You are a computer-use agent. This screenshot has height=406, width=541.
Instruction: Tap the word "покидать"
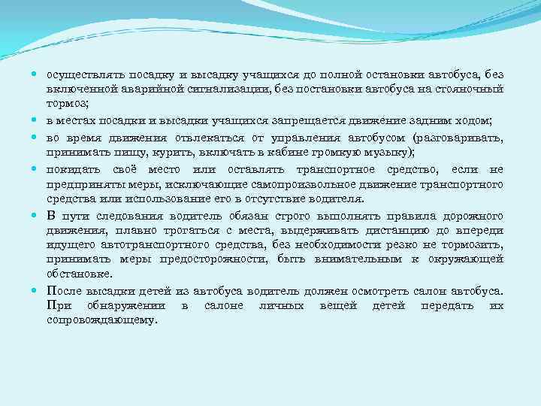click(74, 171)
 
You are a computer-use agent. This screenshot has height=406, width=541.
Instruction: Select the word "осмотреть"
click(357, 291)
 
